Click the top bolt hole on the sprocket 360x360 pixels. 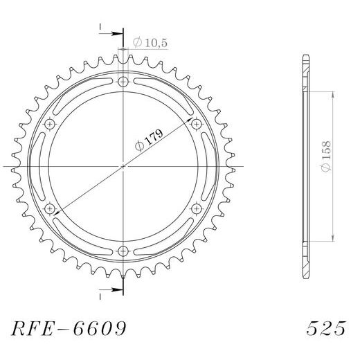[123, 82]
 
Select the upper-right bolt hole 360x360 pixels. [197, 124]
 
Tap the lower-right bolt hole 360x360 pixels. [197, 208]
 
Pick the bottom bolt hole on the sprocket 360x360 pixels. [123, 251]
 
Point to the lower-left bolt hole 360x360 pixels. [50, 208]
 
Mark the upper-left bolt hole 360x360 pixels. [50, 124]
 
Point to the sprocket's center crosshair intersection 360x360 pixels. [123, 166]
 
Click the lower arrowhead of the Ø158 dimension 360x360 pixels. [334, 238]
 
